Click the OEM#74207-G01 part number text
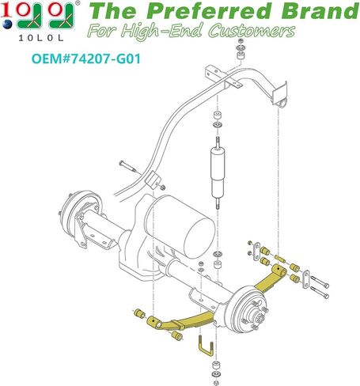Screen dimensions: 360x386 coord(86,59)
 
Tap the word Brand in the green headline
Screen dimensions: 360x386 coord(320,11)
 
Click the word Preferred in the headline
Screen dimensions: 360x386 coord(211,11)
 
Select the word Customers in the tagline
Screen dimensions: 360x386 coord(252,31)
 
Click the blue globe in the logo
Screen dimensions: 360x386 coord(7,25)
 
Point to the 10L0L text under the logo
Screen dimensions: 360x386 coord(41,38)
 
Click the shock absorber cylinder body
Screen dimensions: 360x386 coord(218,172)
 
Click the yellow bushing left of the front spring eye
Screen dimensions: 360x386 coord(139,313)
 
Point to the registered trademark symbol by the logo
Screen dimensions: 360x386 coord(78,3)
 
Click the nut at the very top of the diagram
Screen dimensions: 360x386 coord(241,41)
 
